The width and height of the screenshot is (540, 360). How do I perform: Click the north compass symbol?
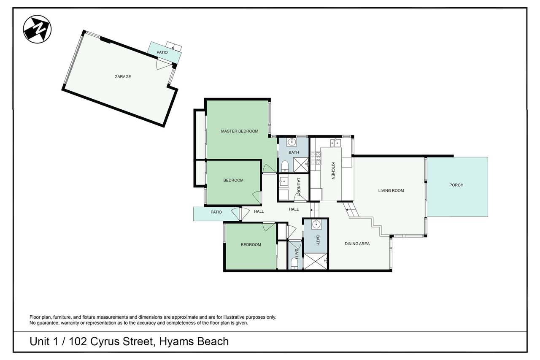tap(37, 29)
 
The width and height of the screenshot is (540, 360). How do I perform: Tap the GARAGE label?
tap(123, 77)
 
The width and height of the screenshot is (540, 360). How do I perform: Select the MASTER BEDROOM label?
tap(240, 131)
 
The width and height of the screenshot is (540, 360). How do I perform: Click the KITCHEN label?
tap(333, 171)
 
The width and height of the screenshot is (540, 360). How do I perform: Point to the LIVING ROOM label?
tap(391, 190)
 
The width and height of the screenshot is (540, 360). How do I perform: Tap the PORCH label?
tap(456, 185)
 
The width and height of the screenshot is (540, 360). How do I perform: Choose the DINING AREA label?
tap(357, 244)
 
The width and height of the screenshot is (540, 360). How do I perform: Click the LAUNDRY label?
tap(299, 187)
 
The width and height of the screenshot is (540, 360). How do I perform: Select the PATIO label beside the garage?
tap(162, 52)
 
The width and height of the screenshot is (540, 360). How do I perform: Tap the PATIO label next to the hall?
tap(216, 212)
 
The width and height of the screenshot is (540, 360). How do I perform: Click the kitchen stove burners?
tap(316, 158)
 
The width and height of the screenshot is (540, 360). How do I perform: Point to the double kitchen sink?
tap(335, 143)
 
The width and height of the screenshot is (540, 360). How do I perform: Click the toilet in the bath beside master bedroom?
tap(285, 166)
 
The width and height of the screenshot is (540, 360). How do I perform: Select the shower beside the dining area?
tap(316, 261)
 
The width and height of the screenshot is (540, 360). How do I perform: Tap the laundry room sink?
tap(283, 181)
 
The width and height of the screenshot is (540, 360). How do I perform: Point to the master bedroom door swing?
tap(269, 168)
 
